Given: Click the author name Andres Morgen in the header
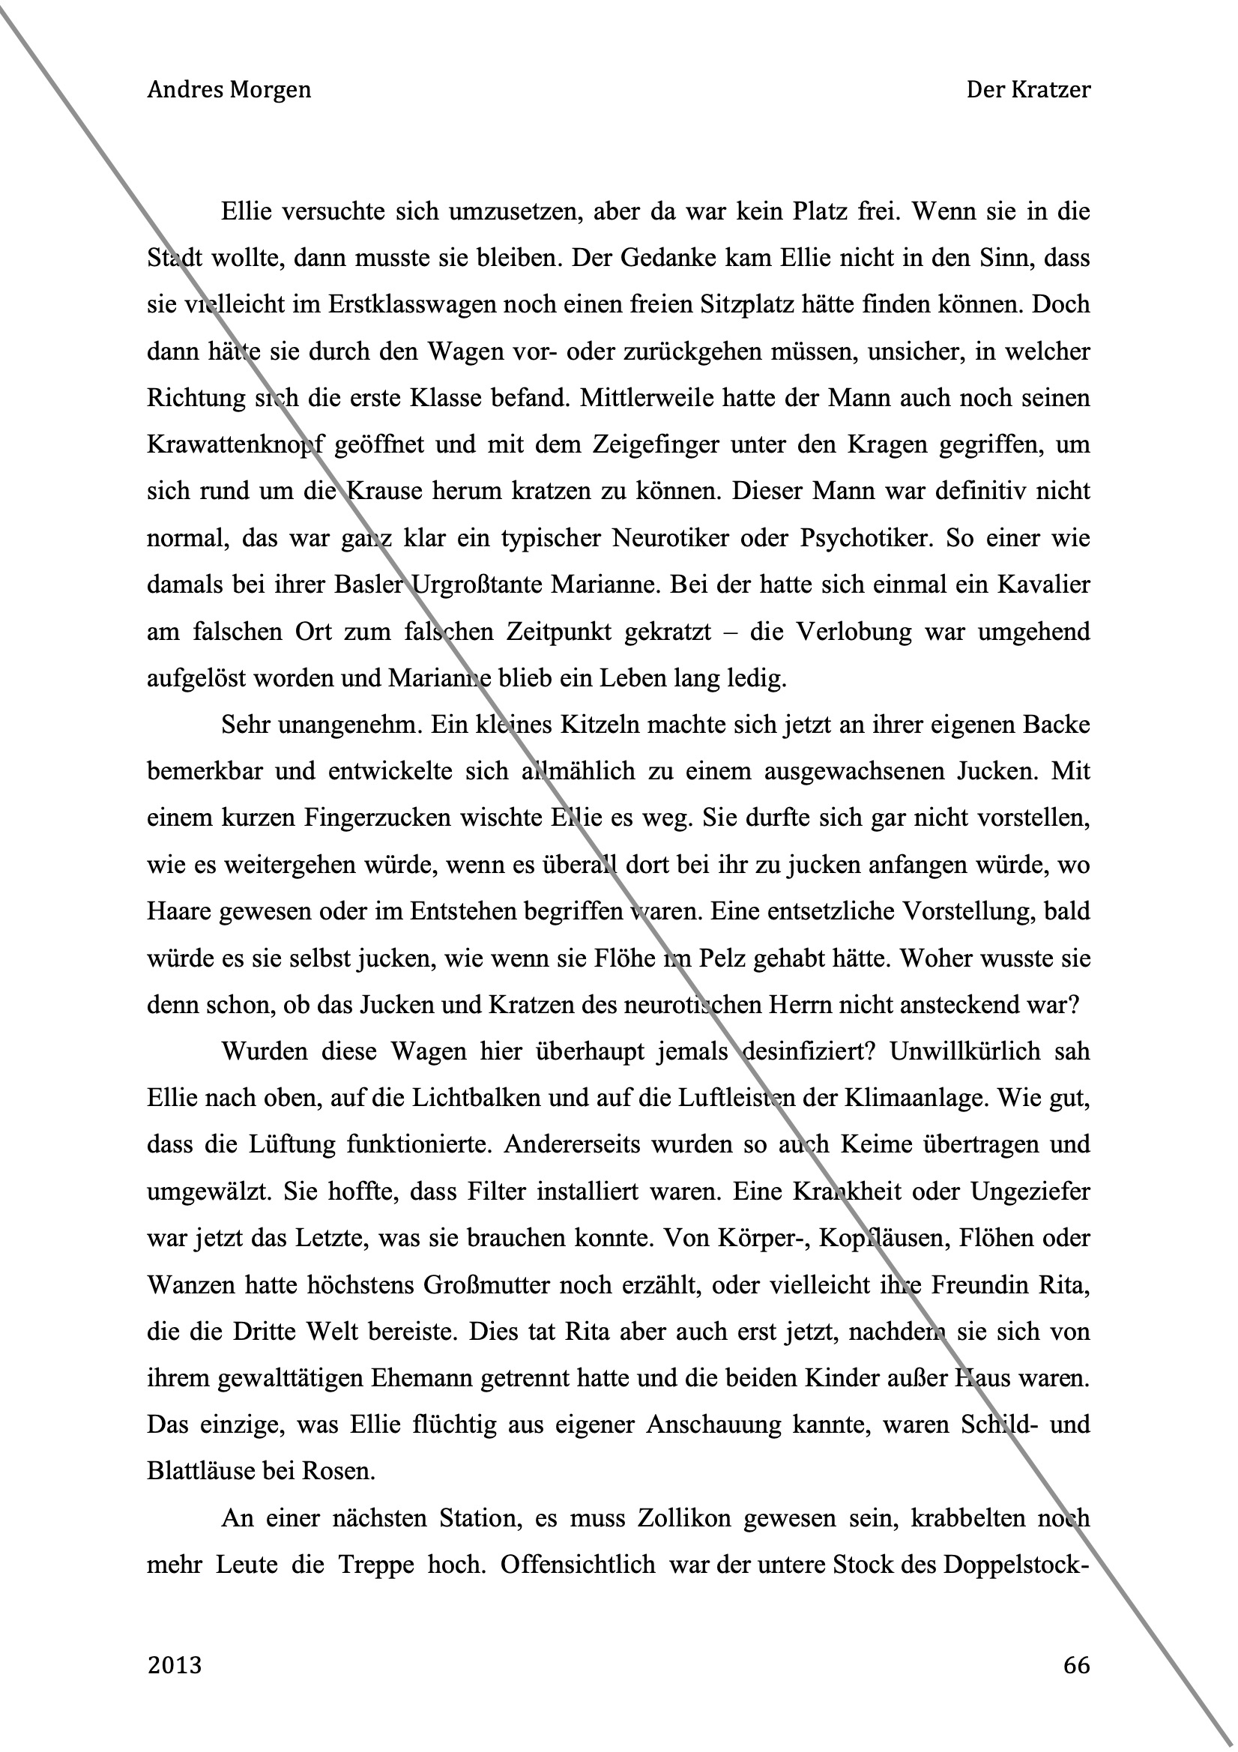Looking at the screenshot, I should (x=229, y=90).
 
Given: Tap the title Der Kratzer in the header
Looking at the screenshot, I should (x=1028, y=90).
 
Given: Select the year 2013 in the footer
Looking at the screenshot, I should (x=175, y=1665).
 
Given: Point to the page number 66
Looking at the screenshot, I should (x=1076, y=1665).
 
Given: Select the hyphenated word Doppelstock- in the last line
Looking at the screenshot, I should (x=1015, y=1566).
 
